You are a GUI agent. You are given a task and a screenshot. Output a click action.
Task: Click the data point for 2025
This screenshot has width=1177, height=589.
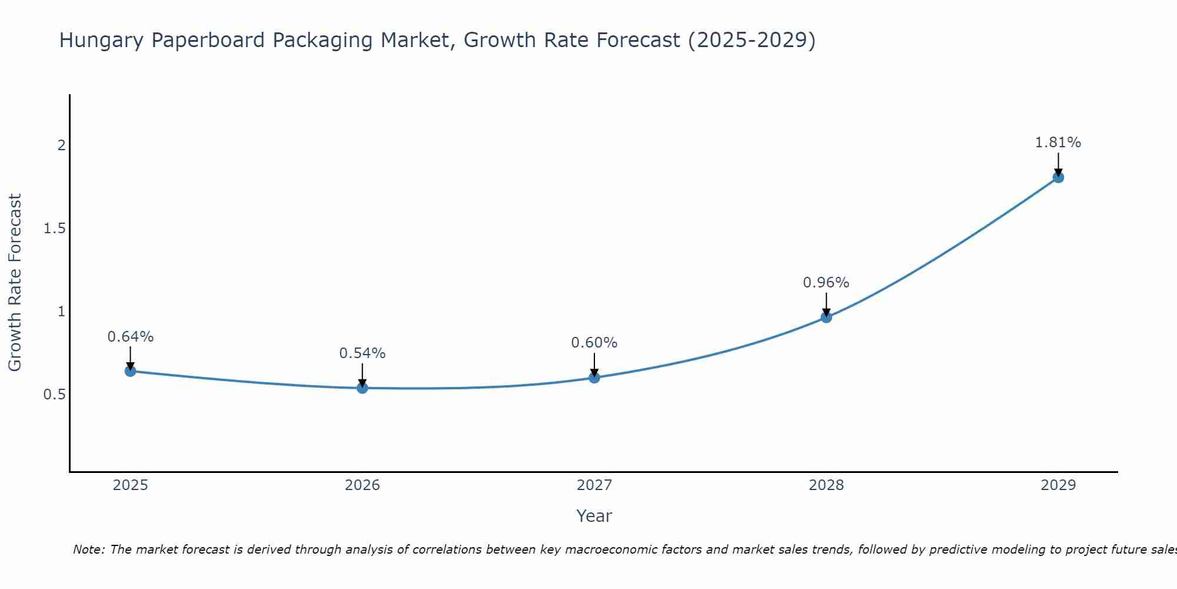(x=131, y=371)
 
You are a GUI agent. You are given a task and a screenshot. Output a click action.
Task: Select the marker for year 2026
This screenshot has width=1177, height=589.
(x=363, y=388)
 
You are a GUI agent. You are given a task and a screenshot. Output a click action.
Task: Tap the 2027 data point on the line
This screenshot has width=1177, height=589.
(x=594, y=378)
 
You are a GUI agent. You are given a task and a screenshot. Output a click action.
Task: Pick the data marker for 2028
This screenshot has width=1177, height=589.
(x=826, y=317)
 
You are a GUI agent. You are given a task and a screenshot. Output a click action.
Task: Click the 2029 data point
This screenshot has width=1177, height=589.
(x=1058, y=177)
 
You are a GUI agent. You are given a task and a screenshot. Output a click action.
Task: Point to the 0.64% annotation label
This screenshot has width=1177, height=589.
(x=131, y=337)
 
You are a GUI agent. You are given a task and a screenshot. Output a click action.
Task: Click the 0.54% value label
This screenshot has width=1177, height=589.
(x=363, y=353)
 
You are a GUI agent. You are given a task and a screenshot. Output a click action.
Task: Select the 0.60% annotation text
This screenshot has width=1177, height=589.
(x=594, y=343)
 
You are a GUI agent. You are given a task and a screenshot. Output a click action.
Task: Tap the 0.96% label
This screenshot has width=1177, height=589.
(x=826, y=283)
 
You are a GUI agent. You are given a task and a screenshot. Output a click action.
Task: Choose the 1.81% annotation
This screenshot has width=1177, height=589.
(x=1058, y=143)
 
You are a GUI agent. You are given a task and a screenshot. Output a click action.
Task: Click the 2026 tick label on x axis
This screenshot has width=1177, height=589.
(x=363, y=485)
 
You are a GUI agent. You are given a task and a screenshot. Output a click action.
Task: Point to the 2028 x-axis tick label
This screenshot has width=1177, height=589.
(x=826, y=485)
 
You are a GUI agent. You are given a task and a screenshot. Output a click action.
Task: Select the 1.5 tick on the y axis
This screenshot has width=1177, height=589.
(x=54, y=229)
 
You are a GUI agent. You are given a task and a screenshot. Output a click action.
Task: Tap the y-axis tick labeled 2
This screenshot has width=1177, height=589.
(x=61, y=145)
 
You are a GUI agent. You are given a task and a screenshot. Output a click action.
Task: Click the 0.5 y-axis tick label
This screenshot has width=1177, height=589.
(x=54, y=395)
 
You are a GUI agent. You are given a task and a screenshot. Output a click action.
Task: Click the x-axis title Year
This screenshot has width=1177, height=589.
(x=594, y=516)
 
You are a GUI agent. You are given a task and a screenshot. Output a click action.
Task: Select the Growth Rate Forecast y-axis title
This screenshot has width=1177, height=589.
(x=15, y=283)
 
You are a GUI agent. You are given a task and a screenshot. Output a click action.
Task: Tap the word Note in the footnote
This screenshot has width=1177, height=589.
(x=88, y=550)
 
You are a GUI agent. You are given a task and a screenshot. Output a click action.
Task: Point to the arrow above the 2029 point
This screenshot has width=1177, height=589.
(x=1058, y=164)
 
